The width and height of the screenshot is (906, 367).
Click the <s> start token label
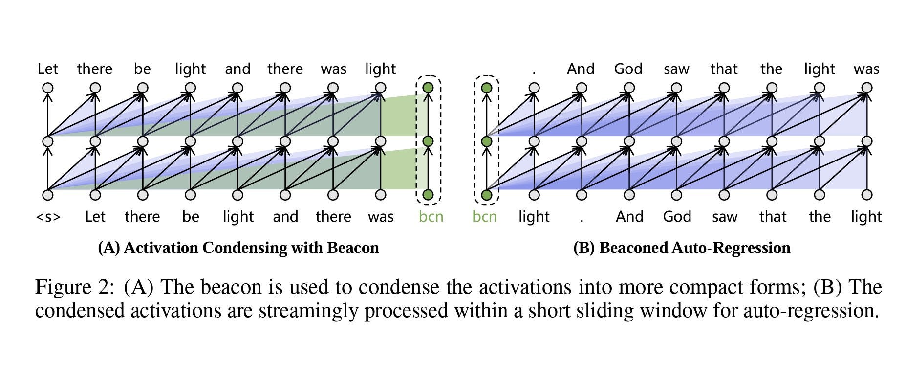[48, 217]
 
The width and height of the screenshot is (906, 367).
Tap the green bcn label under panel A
[431, 217]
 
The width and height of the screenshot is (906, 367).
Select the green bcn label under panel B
[484, 217]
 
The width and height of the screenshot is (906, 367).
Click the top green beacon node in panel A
[428, 88]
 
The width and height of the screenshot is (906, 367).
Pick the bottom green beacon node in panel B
[486, 195]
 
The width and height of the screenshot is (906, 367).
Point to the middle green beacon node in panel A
[428, 142]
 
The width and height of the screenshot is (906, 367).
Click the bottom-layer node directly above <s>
[48, 195]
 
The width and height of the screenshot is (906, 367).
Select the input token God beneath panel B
[677, 217]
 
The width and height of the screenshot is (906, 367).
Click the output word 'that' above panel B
[724, 69]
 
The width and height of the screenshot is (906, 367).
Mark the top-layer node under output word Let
[48, 88]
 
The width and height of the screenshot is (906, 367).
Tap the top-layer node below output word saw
[676, 88]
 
